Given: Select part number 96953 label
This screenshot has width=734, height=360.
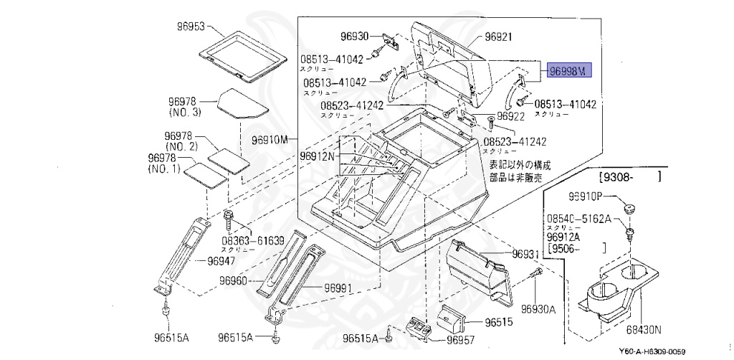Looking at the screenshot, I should click(191, 27).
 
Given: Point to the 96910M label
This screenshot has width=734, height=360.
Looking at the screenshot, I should click(270, 138).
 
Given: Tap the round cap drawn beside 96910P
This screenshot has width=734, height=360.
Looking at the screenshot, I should click(630, 207).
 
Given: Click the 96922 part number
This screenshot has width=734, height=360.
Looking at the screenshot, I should click(512, 115).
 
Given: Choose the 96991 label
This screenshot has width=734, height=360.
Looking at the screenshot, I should click(338, 288).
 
